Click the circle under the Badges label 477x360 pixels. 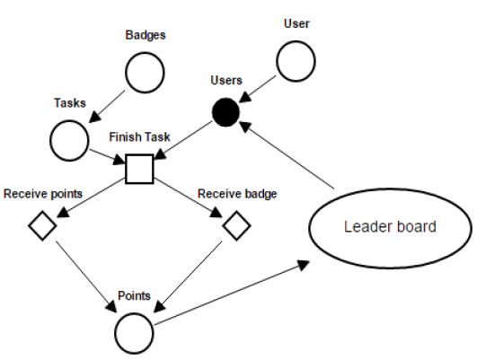coord(145,74)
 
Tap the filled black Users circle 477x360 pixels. coord(225,113)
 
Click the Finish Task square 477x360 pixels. coord(140,168)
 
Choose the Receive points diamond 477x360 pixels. coord(41,226)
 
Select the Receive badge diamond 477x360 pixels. coord(235,226)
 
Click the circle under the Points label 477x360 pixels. coord(135,329)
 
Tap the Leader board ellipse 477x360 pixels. coord(389,226)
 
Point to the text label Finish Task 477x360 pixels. coord(139,139)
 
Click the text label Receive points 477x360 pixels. coord(42,192)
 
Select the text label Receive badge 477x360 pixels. coord(237,192)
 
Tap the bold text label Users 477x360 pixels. coord(225,81)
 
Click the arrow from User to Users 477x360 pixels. coord(261,87)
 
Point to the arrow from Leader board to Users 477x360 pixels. coord(291,156)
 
